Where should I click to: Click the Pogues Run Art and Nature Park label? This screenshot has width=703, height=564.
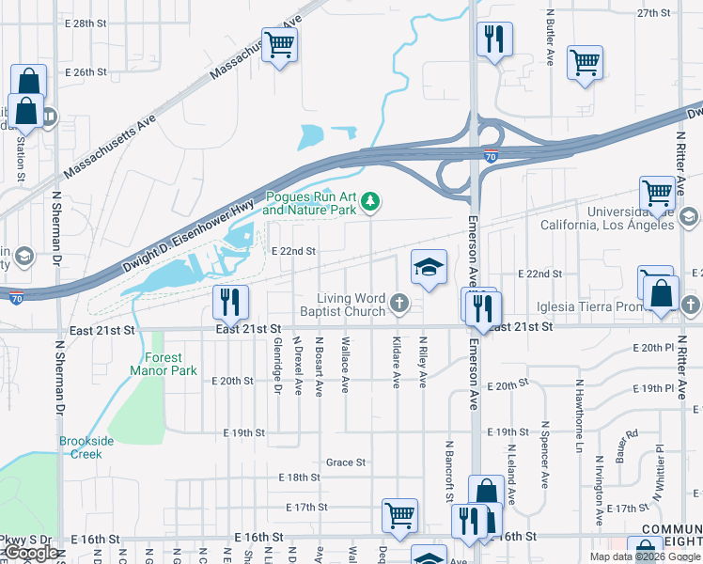tap(310, 204)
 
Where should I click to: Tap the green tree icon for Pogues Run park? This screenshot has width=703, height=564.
tap(372, 200)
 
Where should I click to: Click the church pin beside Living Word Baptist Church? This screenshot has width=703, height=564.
tap(400, 302)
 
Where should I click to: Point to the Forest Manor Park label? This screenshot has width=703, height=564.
tap(158, 364)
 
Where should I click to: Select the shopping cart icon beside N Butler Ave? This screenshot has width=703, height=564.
tap(585, 63)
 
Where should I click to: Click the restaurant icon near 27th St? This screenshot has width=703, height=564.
tap(494, 39)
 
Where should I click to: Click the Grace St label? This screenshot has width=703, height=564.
tap(345, 462)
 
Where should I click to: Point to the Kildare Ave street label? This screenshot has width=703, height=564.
tap(396, 363)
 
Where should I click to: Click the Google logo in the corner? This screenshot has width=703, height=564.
tap(31, 554)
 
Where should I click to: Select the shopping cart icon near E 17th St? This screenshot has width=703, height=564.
tap(399, 515)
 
